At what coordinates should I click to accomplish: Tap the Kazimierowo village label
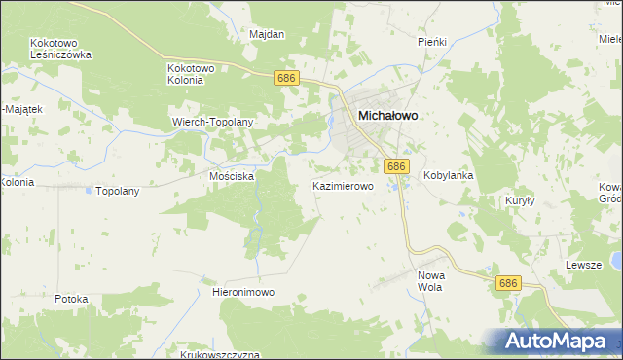point(342,185)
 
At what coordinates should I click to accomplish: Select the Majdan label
point(267,35)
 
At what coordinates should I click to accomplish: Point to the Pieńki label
point(431,42)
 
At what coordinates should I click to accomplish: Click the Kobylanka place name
point(448,176)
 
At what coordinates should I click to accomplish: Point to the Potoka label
point(72,299)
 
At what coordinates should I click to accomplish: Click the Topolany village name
point(118,191)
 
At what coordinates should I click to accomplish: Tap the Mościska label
point(232,176)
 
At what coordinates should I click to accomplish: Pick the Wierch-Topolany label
point(212,123)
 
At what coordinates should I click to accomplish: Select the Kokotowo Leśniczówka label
point(60,50)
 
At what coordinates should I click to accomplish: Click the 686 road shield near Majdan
point(285,78)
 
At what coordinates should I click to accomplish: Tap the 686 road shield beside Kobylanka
point(395,167)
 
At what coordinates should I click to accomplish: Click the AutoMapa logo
point(550,341)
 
